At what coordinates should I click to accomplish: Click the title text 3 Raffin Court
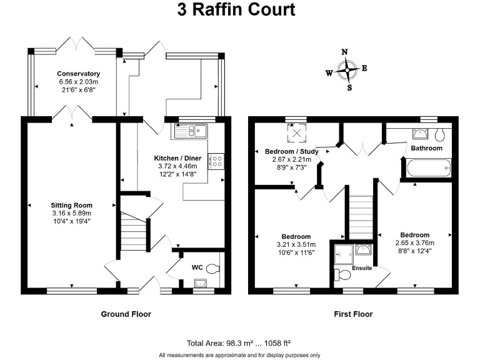tap(240, 11)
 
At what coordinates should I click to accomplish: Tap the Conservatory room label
tap(79, 74)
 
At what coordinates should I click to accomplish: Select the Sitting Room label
tap(71, 205)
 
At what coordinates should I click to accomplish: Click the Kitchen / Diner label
tap(177, 158)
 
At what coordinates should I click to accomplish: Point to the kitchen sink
tap(192, 131)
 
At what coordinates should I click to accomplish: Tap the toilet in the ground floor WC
tap(213, 269)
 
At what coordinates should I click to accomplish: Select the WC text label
tap(197, 267)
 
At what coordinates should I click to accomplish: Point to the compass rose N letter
tap(344, 52)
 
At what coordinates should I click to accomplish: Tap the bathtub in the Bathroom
tap(428, 167)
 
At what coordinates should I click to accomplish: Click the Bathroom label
tap(426, 148)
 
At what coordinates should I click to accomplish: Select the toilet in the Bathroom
tap(439, 134)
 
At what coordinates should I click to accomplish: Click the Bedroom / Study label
tap(291, 151)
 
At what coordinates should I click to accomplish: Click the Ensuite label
tap(362, 268)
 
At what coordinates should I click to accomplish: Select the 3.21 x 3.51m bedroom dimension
tap(296, 244)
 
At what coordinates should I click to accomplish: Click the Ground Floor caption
tap(126, 314)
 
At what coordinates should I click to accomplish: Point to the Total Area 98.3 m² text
tap(239, 343)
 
